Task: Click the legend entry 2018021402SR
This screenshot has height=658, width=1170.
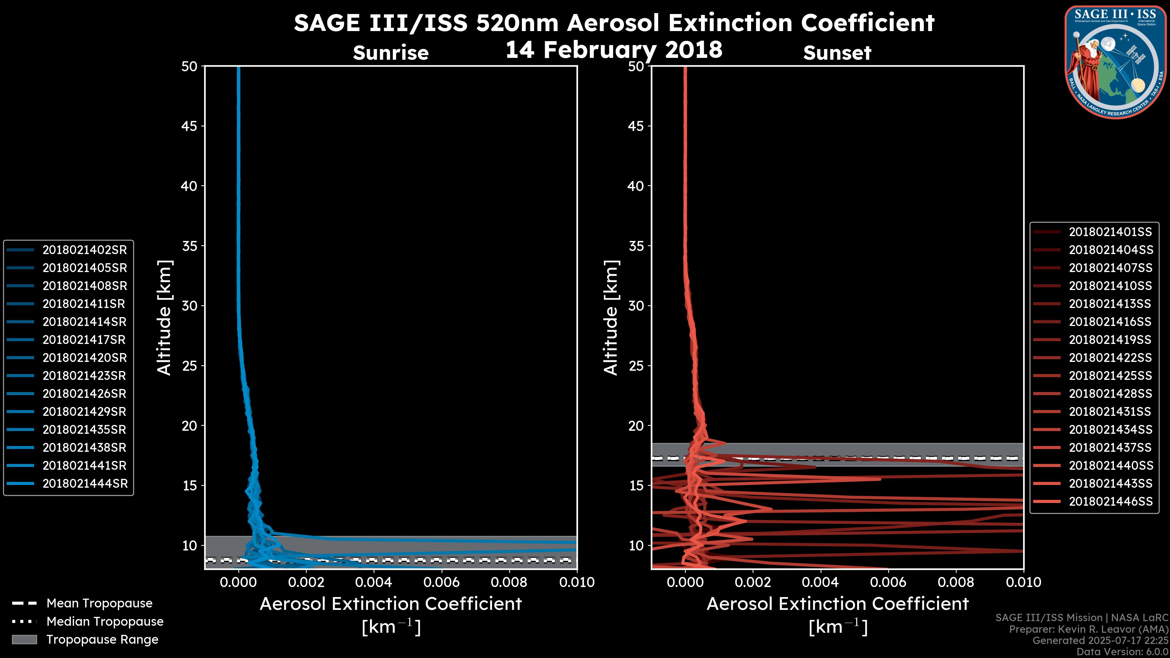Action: (x=84, y=250)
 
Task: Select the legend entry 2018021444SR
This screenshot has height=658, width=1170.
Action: (x=84, y=484)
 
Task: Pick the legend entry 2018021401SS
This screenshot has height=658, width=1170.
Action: (x=1110, y=232)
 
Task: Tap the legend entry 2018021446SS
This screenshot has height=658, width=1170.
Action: (x=1110, y=501)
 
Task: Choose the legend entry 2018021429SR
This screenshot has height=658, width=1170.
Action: (x=84, y=412)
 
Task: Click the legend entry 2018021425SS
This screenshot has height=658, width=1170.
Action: (x=1110, y=376)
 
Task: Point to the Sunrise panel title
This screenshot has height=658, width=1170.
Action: (x=391, y=53)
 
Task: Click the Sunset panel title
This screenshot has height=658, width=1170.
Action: (x=837, y=53)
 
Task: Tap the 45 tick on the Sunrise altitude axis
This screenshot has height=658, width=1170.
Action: (x=190, y=126)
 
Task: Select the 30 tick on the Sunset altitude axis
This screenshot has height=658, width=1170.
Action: (x=636, y=306)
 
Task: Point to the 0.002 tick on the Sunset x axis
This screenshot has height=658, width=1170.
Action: (x=753, y=582)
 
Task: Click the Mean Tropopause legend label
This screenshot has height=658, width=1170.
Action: (x=99, y=603)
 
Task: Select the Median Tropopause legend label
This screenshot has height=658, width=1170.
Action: (x=105, y=622)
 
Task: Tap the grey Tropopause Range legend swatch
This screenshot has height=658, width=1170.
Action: (x=24, y=640)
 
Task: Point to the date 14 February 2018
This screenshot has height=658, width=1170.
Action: (x=614, y=49)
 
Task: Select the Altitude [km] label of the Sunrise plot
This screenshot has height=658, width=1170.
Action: (x=165, y=317)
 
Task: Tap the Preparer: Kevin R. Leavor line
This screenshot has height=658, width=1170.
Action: (x=1089, y=629)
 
